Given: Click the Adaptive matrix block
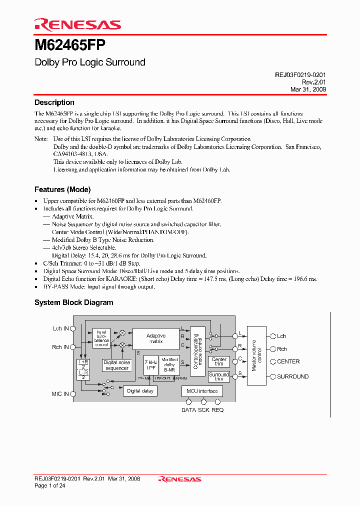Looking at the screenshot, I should [155, 338].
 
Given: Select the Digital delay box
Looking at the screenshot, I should [140, 390].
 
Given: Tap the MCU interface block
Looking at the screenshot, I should [202, 391].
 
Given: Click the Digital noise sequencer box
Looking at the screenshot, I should [117, 365].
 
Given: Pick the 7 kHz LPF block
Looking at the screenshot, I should [150, 365].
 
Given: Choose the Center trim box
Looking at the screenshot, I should [219, 362].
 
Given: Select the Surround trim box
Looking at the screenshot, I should [219, 376].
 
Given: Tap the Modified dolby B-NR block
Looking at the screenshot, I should [170, 365].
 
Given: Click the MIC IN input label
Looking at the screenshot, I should [60, 394].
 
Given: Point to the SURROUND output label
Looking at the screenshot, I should [292, 376].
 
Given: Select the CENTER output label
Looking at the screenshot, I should [288, 361].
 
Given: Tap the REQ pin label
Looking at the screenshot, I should [217, 410].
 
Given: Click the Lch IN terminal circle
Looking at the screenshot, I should [73, 328].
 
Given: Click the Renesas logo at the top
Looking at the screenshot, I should [77, 24].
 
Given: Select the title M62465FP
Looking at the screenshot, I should [69, 45].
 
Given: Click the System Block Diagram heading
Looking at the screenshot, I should [73, 302].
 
